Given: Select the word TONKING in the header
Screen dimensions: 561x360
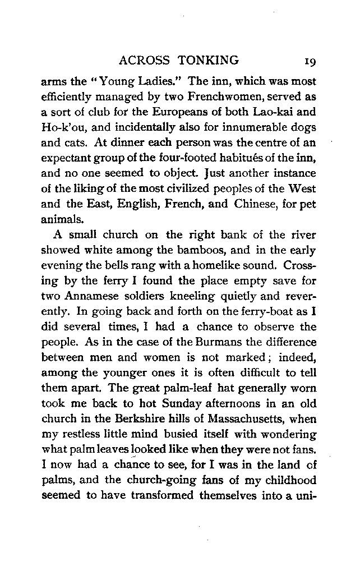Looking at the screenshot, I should tap(211, 61).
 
